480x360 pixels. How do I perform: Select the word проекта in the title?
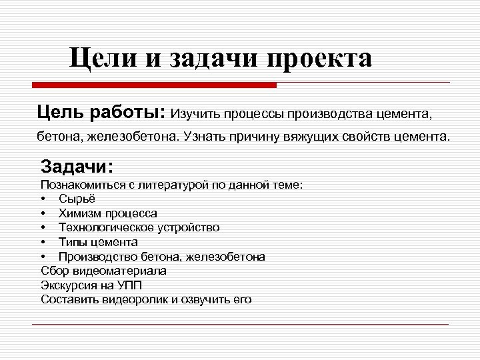point(319,59)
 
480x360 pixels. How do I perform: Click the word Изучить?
point(196,113)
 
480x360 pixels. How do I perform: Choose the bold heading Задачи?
point(77,165)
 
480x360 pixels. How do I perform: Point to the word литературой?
point(171,184)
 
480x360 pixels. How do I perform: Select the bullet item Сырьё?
point(77,199)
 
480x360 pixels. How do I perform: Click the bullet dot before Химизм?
point(43,214)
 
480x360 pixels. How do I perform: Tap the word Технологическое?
point(106,228)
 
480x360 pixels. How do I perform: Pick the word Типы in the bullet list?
point(72,242)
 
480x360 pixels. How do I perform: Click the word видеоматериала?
point(118,271)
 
